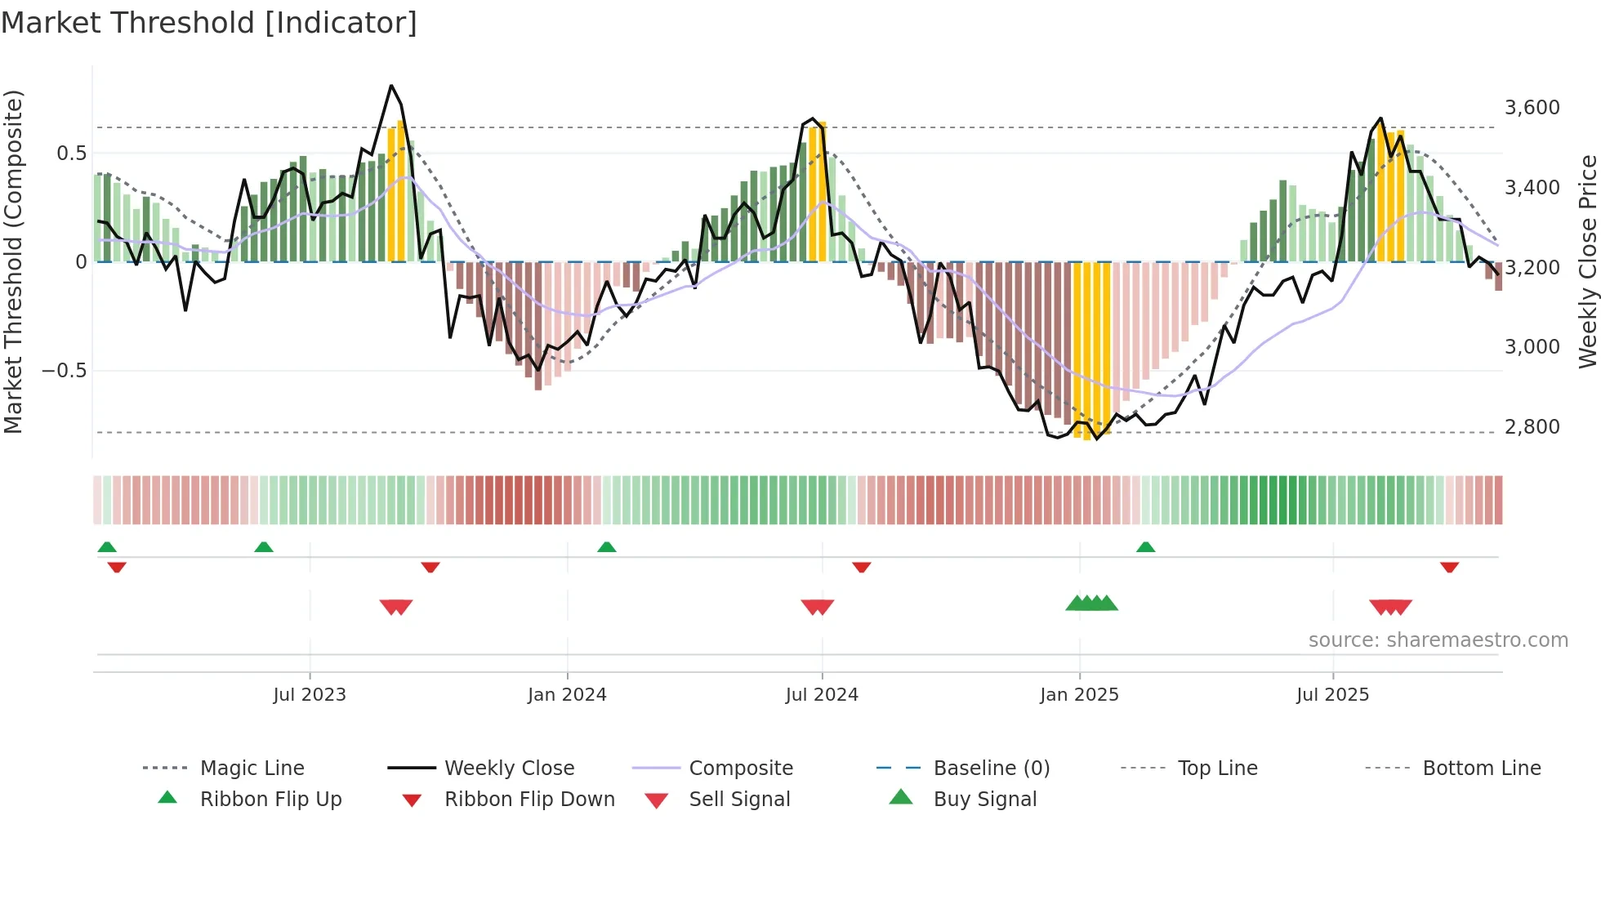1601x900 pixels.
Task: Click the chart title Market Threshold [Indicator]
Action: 209,23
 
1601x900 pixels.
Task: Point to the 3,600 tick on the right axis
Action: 1532,108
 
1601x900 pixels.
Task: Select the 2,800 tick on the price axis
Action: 1532,426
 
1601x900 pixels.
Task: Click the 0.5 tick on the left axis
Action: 71,154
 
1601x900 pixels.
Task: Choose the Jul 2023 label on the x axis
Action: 310,695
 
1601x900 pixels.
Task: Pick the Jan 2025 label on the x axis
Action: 1079,695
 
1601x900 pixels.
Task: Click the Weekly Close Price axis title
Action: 1587,261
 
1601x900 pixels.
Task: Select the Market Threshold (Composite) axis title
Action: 13,261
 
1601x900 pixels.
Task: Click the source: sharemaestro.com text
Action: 1438,640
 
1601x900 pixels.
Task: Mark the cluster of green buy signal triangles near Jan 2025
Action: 1091,604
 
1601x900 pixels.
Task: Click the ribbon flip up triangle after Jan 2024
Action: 606,547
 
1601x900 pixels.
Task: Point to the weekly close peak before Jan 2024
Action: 391,86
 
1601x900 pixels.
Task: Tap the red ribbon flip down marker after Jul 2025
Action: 1449,567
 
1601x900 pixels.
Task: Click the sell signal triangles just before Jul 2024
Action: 817,607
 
